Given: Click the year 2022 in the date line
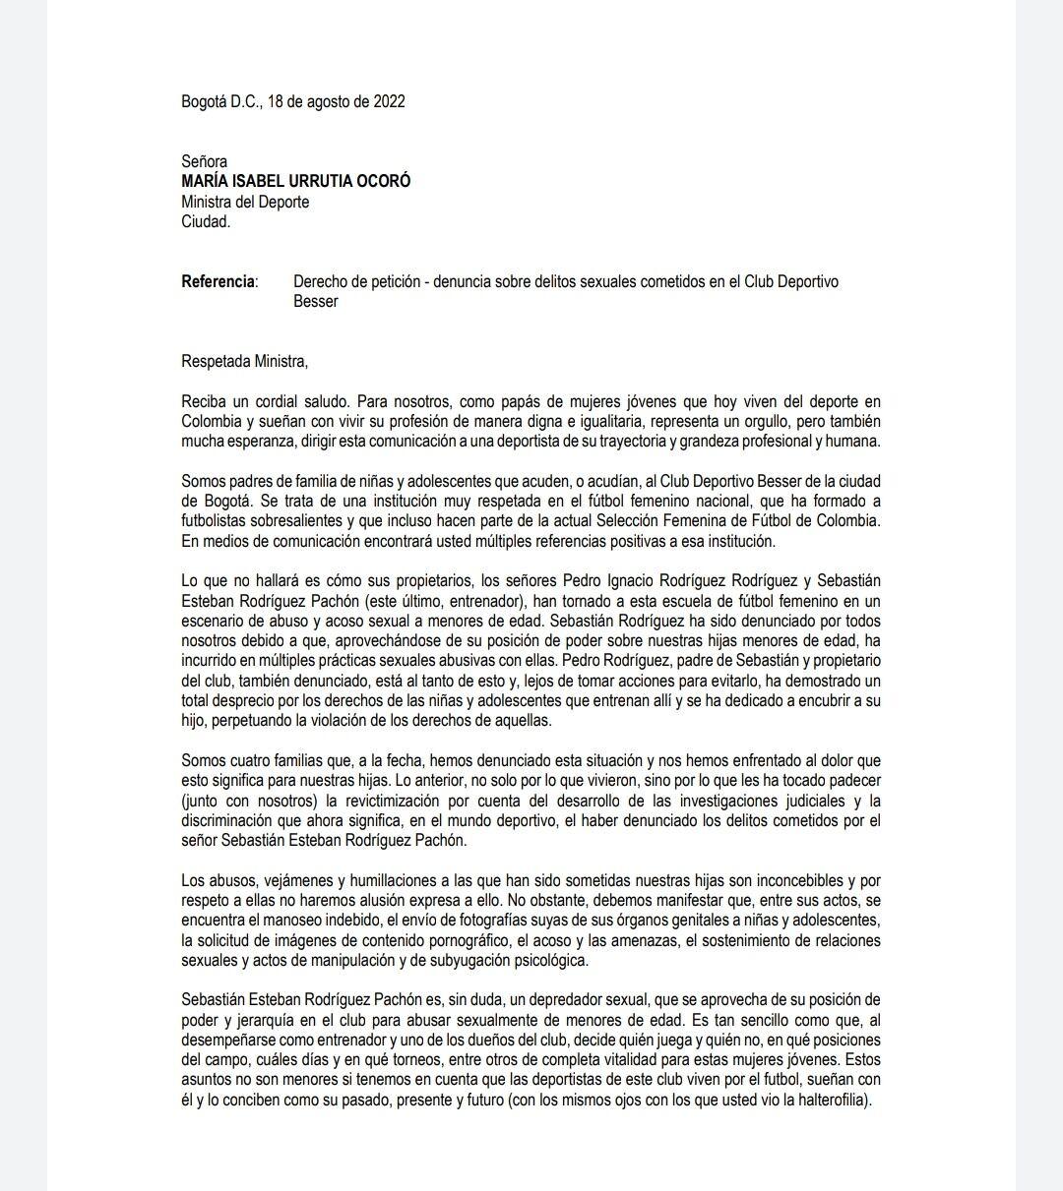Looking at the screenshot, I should pyautogui.click(x=389, y=101).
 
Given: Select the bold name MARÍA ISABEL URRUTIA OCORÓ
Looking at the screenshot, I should pyautogui.click(x=296, y=181).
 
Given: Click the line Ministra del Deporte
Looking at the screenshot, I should pyautogui.click(x=245, y=202).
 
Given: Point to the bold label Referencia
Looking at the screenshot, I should pyautogui.click(x=218, y=281).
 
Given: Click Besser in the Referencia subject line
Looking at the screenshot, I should pyautogui.click(x=315, y=301).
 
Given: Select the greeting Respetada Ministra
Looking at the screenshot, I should pyautogui.click(x=244, y=361).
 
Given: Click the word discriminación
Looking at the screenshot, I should pyautogui.click(x=228, y=820).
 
